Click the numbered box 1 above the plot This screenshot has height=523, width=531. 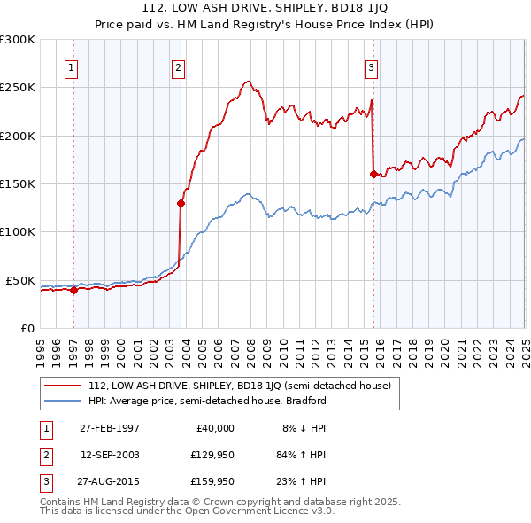70,67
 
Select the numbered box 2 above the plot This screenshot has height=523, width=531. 178,67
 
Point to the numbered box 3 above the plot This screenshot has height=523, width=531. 371,67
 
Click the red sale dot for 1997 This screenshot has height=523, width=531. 74,290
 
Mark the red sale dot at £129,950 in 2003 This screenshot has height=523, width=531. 181,203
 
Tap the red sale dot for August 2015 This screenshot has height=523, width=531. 373,174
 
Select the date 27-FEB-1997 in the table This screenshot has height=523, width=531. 110,427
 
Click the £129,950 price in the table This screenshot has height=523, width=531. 211,455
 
